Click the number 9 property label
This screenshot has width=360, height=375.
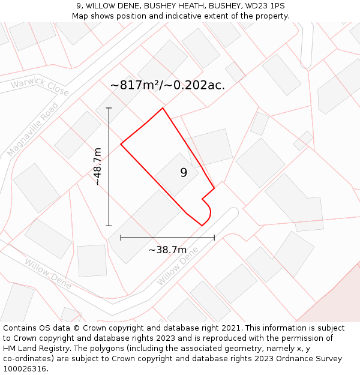pyautogui.click(x=184, y=173)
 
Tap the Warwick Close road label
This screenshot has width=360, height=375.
pyautogui.click(x=40, y=87)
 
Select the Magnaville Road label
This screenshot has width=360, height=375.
pyautogui.click(x=33, y=130)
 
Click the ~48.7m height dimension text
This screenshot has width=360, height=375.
pyautogui.click(x=97, y=167)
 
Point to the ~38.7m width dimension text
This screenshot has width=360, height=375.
pyautogui.click(x=167, y=250)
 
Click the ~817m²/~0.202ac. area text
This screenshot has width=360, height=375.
pyautogui.click(x=167, y=85)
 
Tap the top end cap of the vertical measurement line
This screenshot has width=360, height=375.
pyautogui.click(x=109, y=108)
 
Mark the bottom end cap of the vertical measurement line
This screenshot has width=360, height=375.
pyautogui.click(x=109, y=226)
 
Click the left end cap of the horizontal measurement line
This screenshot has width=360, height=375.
pyautogui.click(x=121, y=238)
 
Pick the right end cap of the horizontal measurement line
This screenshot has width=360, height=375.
pyautogui.click(x=214, y=238)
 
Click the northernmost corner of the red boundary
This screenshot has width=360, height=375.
pyautogui.click(x=163, y=109)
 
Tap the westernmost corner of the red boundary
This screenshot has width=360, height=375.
pyautogui.click(x=121, y=144)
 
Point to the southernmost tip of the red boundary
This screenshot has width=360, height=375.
pyautogui.click(x=202, y=226)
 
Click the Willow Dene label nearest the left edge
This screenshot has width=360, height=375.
pyautogui.click(x=48, y=273)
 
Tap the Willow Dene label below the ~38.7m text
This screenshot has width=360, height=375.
pyautogui.click(x=178, y=268)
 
